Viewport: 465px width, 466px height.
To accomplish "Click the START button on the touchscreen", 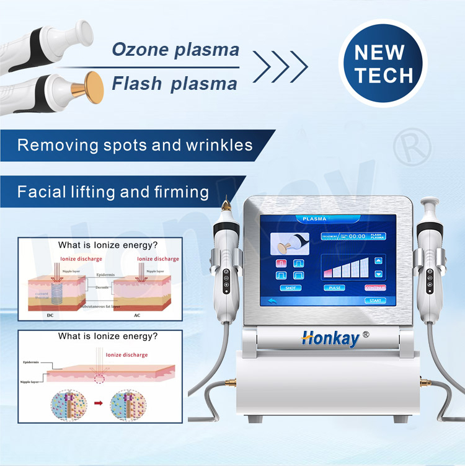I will coord(376,301).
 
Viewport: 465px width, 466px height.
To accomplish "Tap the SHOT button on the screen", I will coord(290,288).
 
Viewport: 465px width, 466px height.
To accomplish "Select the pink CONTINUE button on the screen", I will coord(374,288).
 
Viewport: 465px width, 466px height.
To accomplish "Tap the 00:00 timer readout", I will coord(357,236).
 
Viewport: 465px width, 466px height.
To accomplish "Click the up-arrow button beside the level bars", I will coord(378,260).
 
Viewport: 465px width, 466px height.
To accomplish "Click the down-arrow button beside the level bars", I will coord(378,273).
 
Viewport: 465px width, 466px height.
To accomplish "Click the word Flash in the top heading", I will coord(137,84).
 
